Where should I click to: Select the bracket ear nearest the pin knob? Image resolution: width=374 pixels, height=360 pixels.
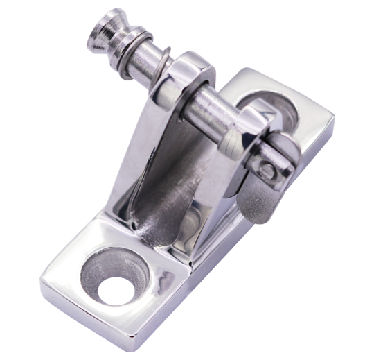(x=183, y=76)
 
